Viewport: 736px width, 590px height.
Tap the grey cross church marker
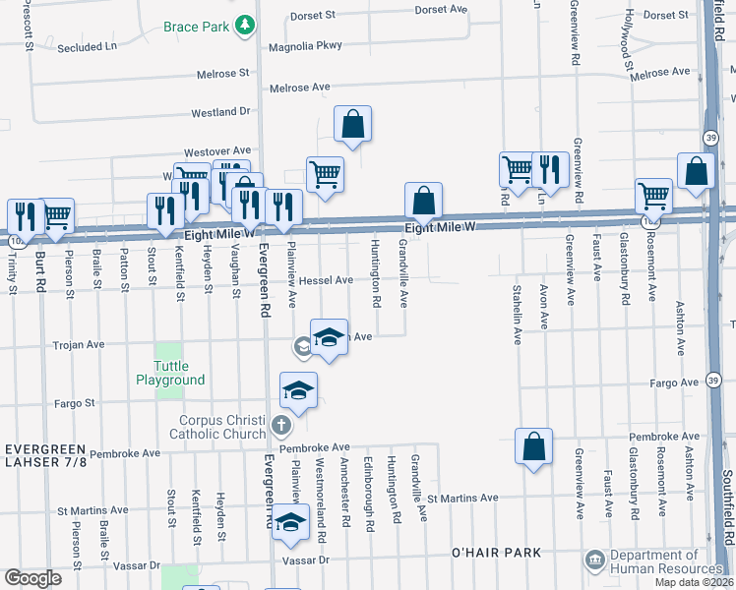tap(281, 426)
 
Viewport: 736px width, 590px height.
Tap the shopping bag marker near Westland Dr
tap(351, 125)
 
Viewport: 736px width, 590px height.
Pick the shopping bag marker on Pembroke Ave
tap(532, 446)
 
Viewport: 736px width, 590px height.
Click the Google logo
tap(32, 578)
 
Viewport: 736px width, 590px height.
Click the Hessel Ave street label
tap(326, 280)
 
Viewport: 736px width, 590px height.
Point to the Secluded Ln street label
tap(87, 46)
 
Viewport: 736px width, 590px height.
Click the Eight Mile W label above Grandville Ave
tap(441, 227)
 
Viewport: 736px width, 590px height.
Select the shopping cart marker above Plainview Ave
tap(325, 175)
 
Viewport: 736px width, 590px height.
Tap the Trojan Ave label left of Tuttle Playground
tap(79, 345)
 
